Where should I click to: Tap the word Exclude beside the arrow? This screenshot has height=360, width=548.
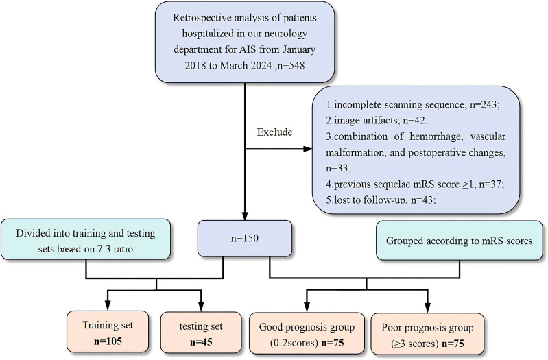tap(275, 132)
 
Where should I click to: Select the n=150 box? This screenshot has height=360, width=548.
tap(245, 239)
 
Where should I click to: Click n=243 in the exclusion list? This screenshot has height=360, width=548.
tap(485, 104)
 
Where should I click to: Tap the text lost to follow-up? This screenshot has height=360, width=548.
tap(370, 200)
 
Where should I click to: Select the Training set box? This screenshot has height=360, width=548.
tap(108, 332)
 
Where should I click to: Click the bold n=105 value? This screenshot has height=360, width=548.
tap(108, 341)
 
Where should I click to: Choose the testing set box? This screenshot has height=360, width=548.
tap(201, 333)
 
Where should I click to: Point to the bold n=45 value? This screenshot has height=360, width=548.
tap(201, 341)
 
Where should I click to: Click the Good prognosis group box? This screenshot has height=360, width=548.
tap(307, 333)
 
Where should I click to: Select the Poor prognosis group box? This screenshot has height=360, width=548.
tap(427, 334)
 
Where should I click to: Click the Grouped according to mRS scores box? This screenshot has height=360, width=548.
tap(460, 241)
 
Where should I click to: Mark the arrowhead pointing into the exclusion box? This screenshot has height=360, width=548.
tap(308, 149)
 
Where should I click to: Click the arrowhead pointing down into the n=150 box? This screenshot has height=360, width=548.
tap(245, 215)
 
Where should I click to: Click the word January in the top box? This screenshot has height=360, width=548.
tap(299, 49)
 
